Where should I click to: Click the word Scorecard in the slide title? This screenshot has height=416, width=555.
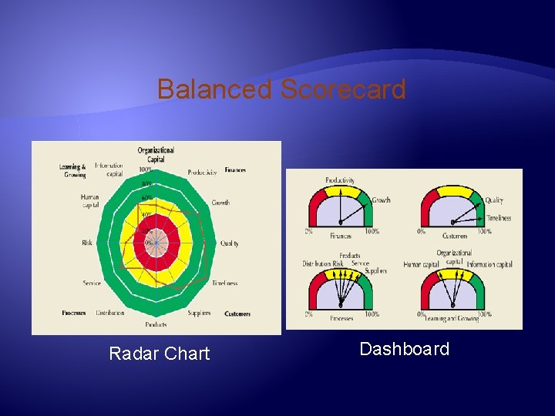tap(343, 89)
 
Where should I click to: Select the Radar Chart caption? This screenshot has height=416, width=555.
tap(160, 354)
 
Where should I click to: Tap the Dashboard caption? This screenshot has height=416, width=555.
tap(404, 349)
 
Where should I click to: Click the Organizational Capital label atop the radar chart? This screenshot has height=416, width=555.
tap(156, 154)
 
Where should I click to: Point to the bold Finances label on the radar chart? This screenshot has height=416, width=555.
tap(235, 169)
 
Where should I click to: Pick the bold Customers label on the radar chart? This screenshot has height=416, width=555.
tap(237, 314)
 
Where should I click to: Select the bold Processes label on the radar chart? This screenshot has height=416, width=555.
tap(74, 314)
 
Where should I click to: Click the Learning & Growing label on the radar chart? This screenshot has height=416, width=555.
tap(72, 171)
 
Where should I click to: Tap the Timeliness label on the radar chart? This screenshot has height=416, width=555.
tap(224, 283)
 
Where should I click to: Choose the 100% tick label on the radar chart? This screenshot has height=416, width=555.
tap(145, 169)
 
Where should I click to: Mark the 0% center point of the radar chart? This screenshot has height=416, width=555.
tap(156, 243)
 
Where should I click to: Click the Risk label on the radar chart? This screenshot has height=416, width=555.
tap(87, 243)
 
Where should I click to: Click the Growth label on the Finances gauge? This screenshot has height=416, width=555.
tap(382, 200)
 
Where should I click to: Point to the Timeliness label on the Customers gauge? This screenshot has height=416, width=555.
tap(498, 218)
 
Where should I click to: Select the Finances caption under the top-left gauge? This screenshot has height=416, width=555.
tap(341, 235)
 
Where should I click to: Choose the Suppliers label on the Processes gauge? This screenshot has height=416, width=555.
tap(375, 270)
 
